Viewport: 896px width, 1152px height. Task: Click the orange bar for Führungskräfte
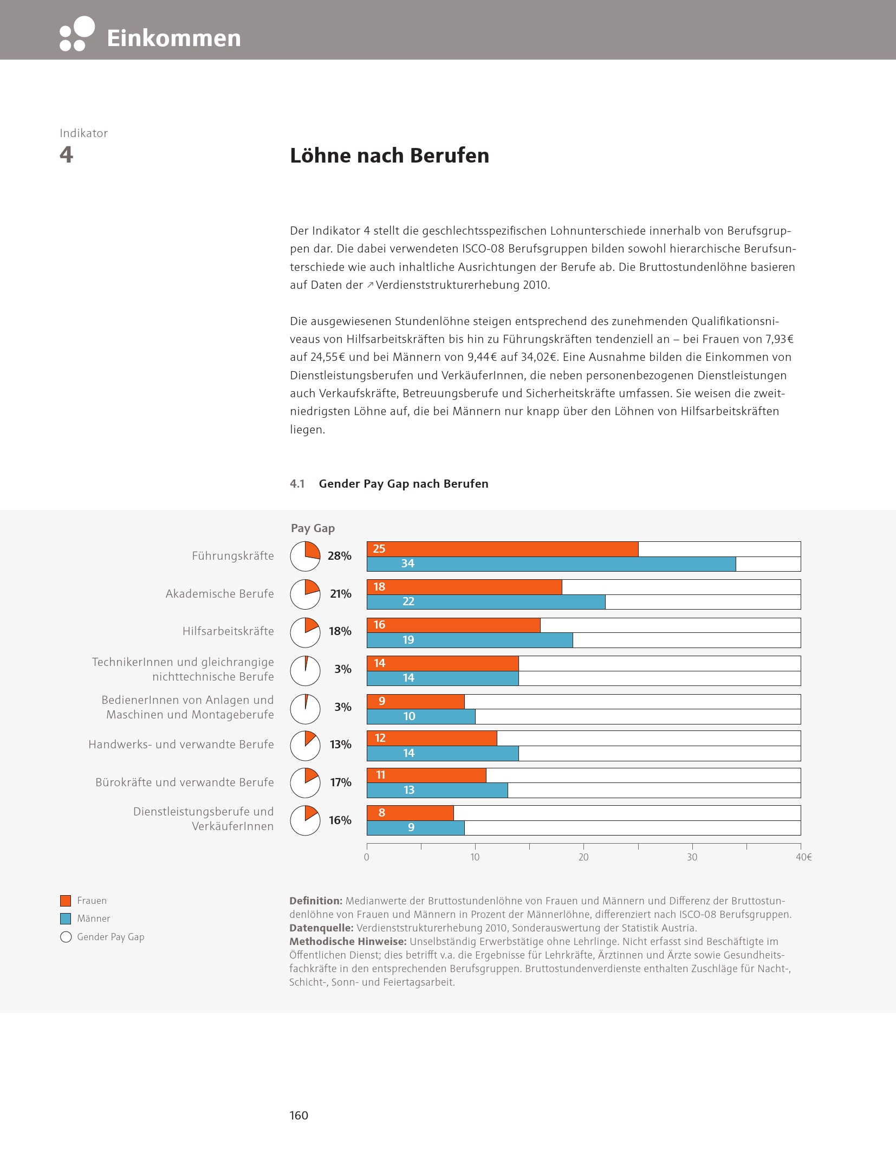502,549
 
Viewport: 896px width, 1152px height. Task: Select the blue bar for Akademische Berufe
486,601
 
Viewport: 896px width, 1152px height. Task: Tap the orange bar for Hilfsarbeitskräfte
453,625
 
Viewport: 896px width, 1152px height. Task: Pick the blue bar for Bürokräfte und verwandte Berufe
437,790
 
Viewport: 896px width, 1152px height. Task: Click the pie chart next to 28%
305,556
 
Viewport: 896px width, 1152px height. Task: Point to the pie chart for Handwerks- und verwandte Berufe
305,745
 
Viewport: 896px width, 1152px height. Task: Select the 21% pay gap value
340,594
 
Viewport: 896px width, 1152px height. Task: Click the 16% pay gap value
340,820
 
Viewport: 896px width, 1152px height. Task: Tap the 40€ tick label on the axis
803,857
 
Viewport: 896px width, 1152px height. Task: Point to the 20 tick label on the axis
583,857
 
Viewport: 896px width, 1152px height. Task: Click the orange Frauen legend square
66,901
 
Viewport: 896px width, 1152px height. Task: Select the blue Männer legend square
66,918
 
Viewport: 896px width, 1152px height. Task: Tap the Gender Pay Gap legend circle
66,937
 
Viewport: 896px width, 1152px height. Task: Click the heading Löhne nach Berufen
389,156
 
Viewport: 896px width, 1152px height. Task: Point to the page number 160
298,1115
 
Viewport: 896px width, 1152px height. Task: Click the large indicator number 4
66,155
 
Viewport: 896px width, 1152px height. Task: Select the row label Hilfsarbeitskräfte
228,631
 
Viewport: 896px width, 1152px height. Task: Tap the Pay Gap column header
313,528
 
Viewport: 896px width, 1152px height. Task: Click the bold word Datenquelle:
321,928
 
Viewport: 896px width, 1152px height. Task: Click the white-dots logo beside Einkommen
77,34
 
